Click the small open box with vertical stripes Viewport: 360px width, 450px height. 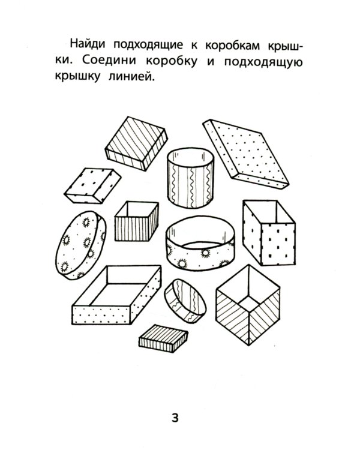pyautogui.click(x=136, y=222)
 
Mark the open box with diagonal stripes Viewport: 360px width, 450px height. pyautogui.click(x=248, y=308)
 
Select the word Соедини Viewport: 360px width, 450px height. pyautogui.click(x=119, y=62)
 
